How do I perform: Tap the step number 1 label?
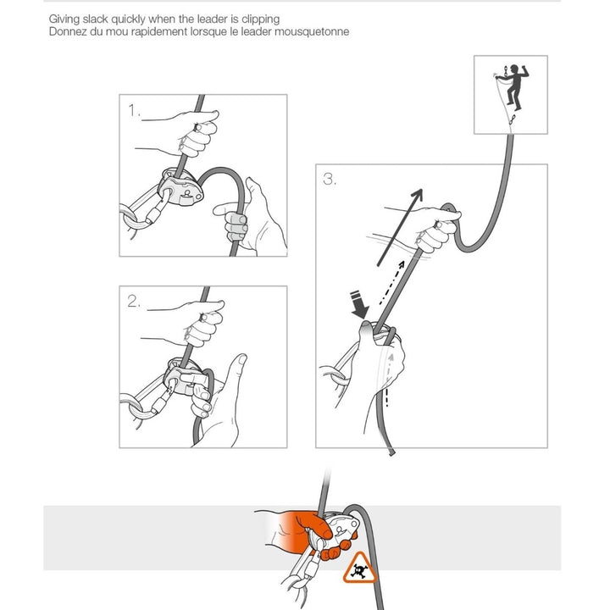[x=134, y=110]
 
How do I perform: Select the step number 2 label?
[x=134, y=302]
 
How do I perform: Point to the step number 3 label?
[x=330, y=180]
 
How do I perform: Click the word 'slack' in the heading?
[x=95, y=19]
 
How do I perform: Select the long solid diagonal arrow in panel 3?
[x=400, y=228]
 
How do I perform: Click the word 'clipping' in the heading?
[x=261, y=19]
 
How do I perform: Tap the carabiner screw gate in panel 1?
[x=155, y=216]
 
